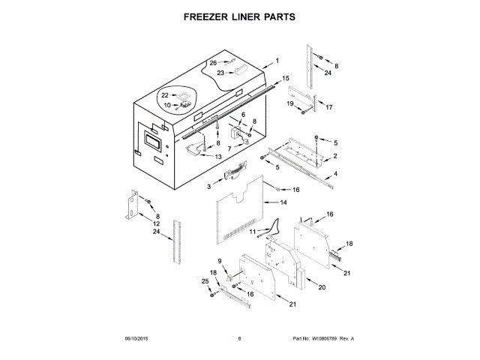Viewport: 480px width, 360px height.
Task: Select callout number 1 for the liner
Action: [x=276, y=60]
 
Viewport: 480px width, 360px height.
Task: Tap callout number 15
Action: [x=285, y=78]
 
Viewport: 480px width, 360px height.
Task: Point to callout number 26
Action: [x=213, y=63]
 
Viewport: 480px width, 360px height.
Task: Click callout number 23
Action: [x=220, y=73]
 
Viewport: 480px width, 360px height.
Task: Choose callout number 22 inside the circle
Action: [x=165, y=95]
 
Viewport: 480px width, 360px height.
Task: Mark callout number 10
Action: [x=168, y=105]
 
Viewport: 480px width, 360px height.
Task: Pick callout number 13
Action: [x=219, y=157]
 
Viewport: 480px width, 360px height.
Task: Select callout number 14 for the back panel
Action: [x=283, y=202]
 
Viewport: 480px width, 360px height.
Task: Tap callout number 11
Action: [x=252, y=232]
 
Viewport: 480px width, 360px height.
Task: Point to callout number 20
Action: [x=322, y=288]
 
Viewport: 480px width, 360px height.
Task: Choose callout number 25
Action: [x=205, y=280]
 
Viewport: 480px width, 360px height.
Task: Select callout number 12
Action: [x=156, y=223]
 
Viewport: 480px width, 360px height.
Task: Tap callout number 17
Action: [x=328, y=107]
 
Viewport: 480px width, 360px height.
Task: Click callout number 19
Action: [x=289, y=103]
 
